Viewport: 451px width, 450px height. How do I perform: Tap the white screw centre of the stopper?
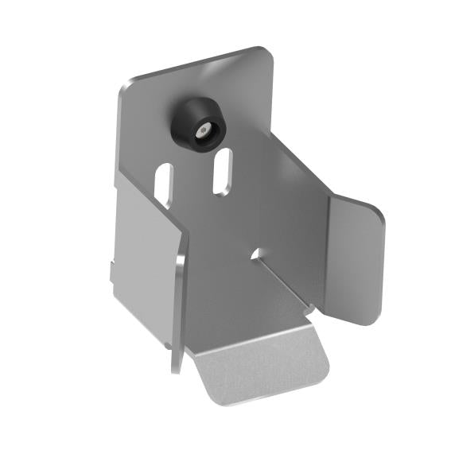tap(204, 128)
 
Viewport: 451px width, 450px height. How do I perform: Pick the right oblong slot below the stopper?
tap(223, 170)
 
